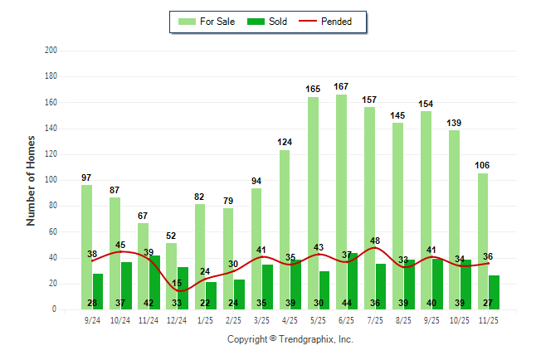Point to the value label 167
341,86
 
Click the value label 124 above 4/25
285,142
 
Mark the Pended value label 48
375,241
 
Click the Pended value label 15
177,285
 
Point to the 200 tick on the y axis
51,51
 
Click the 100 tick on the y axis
51,180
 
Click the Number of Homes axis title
31,180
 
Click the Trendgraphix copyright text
290,339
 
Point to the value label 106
482,165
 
